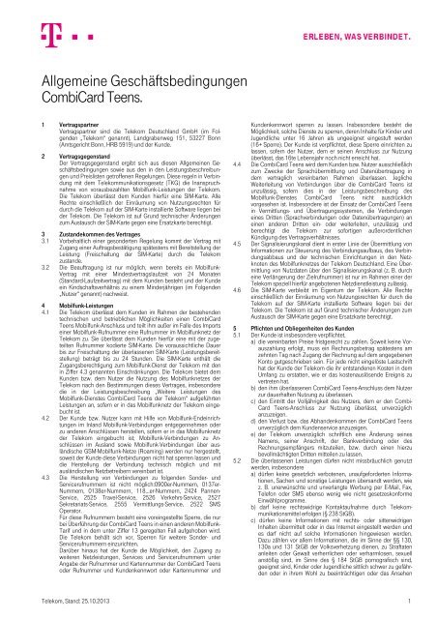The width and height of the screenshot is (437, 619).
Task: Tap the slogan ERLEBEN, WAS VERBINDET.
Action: point(348,17)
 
